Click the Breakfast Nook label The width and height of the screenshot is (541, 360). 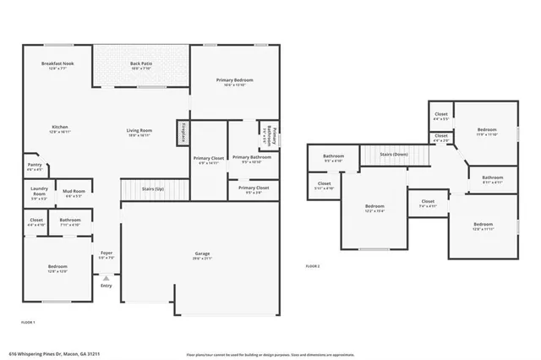point(57,64)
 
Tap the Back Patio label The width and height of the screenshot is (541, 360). point(140,64)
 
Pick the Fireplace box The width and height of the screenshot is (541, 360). point(183,133)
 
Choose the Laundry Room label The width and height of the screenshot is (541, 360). point(38,191)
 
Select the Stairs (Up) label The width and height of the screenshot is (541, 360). point(153,189)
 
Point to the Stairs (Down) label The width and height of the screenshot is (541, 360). point(394,155)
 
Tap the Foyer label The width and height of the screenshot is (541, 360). point(107,253)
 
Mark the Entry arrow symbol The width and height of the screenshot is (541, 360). point(107,276)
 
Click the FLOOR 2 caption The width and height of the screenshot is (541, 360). point(313,267)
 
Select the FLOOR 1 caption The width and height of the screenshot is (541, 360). point(28,323)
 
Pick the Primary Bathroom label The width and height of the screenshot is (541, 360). point(251,156)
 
